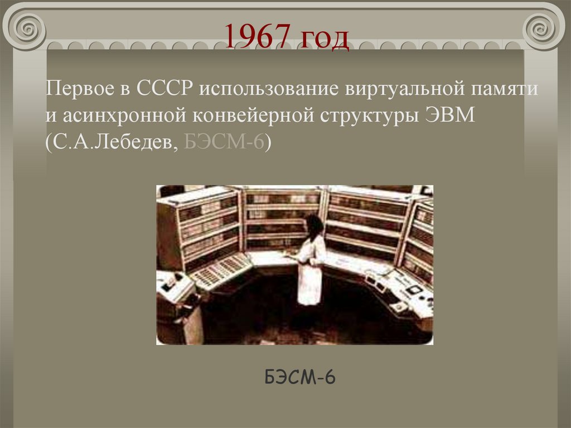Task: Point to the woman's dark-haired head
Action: tap(314, 227)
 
